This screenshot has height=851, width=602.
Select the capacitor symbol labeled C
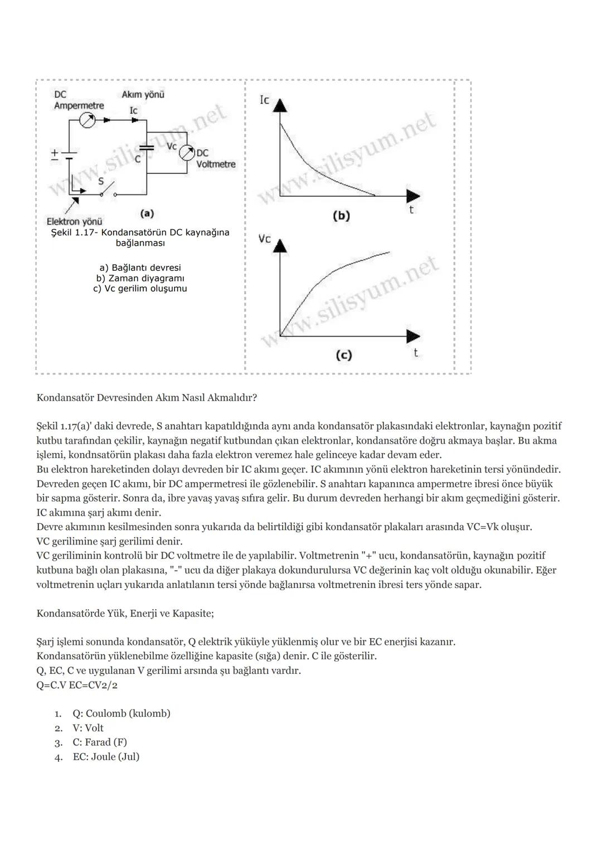pyautogui.click(x=147, y=148)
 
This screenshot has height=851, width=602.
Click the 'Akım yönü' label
pyautogui.click(x=143, y=95)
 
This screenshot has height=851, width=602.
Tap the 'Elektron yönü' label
pyautogui.click(x=74, y=221)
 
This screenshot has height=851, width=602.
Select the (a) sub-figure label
pyautogui.click(x=147, y=213)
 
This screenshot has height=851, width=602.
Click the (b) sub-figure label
pyautogui.click(x=341, y=216)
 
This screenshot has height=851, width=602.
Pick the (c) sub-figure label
pyautogui.click(x=343, y=355)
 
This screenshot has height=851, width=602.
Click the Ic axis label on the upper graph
pyautogui.click(x=264, y=100)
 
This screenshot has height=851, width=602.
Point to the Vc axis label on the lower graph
pyautogui.click(x=264, y=239)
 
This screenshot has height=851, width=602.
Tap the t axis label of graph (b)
pyautogui.click(x=411, y=210)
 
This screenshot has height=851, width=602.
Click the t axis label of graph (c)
pyautogui.click(x=415, y=353)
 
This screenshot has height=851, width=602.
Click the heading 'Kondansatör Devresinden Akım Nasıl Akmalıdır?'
pyautogui.click(x=147, y=398)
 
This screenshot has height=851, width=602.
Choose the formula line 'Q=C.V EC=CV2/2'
pyautogui.click(x=77, y=685)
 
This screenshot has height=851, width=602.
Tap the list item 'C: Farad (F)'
pyautogui.click(x=100, y=742)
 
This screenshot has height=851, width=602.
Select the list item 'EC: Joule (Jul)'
pyautogui.click(x=106, y=757)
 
